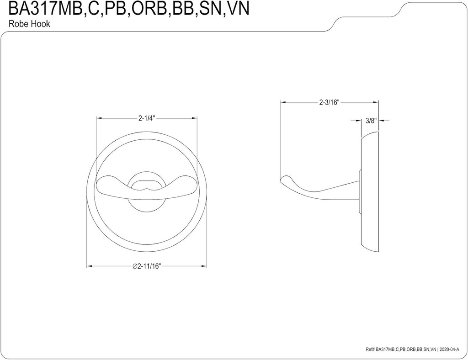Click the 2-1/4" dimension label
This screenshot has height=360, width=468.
pyautogui.click(x=147, y=118)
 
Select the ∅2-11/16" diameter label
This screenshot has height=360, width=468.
pyautogui.click(x=147, y=267)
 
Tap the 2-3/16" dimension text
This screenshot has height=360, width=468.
pyautogui.click(x=329, y=102)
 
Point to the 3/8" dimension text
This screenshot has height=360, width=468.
pyautogui.click(x=370, y=121)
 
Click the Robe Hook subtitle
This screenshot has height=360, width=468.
pyautogui.click(x=29, y=24)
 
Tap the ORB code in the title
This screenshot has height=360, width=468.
pyautogui.click(x=146, y=9)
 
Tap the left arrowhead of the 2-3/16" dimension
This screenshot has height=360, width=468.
pyautogui.click(x=282, y=102)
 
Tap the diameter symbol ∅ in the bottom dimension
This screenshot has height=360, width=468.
pyautogui.click(x=135, y=267)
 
